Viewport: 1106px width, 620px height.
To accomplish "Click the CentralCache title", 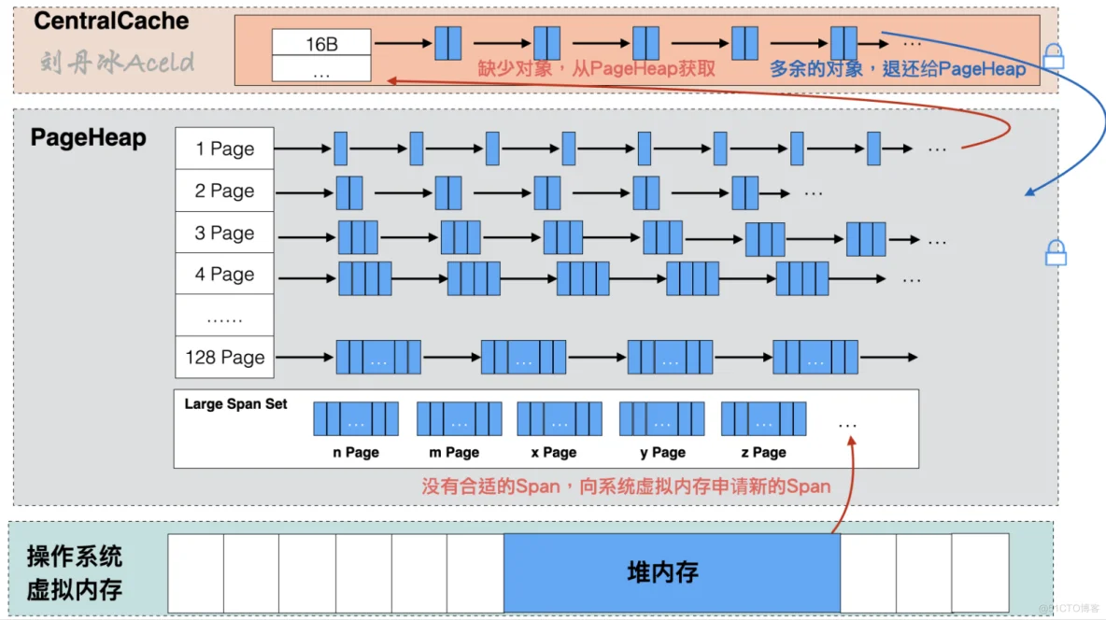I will click(111, 21).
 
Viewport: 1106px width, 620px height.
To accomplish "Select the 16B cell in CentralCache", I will click(321, 43).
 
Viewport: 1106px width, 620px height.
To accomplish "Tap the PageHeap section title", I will click(89, 138).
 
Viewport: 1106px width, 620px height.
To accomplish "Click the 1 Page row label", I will click(224, 148).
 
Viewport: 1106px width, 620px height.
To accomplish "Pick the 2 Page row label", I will click(224, 190).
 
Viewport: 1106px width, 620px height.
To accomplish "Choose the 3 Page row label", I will click(224, 232).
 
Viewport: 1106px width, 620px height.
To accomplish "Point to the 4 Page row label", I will click(224, 275).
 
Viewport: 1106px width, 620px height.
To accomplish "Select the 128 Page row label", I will click(224, 357).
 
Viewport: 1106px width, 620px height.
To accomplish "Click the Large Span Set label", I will click(236, 404).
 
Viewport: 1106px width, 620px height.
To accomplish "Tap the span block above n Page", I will click(356, 419).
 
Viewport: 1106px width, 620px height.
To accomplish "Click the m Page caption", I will click(454, 452).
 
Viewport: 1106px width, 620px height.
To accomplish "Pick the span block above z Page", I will click(763, 419).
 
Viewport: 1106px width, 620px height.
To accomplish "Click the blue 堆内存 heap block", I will click(672, 572).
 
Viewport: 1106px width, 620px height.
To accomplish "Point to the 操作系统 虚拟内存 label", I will click(75, 573).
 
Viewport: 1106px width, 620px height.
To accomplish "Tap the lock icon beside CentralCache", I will click(1054, 57).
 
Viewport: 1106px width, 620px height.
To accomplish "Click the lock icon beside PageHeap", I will click(1056, 252).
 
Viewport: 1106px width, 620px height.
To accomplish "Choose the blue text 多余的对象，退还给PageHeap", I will click(897, 68).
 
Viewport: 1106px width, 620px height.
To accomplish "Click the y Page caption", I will click(662, 452).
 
